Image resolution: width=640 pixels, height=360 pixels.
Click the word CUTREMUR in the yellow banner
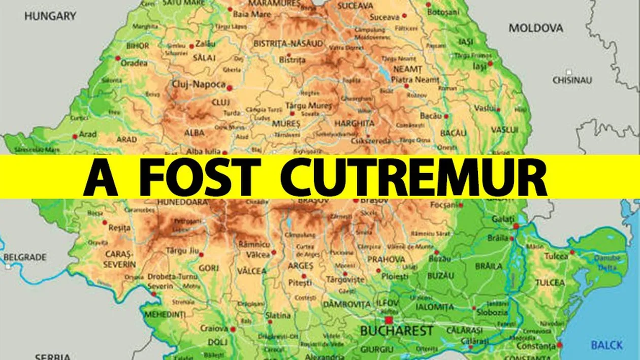(414, 177)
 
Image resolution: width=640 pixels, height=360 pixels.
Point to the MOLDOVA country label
(536, 28)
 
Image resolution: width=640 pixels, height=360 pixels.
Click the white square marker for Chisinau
(569, 72)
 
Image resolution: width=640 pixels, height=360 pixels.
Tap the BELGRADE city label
(25, 257)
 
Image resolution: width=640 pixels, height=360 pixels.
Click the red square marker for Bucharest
(389, 320)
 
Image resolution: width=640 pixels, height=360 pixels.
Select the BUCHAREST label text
(397, 332)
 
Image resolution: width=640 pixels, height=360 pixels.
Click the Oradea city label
(134, 63)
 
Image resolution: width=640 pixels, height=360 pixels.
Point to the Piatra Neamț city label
(414, 80)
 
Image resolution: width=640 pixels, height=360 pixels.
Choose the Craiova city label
(214, 329)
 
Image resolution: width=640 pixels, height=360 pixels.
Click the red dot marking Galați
(516, 226)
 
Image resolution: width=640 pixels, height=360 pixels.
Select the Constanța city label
(536, 346)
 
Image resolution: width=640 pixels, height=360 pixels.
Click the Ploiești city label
(395, 277)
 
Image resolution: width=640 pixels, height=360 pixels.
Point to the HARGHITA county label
(355, 123)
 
